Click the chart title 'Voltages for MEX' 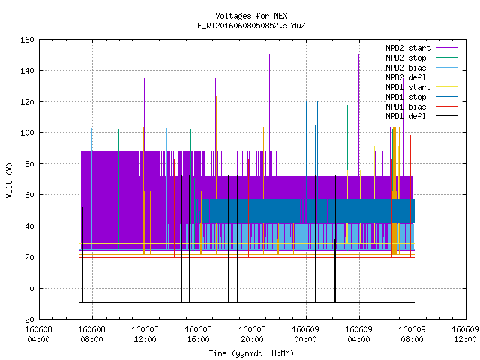[251, 16]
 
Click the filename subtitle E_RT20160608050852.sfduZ [251, 25]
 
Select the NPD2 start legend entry [421, 48]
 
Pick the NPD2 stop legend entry [421, 58]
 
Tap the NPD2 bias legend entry [421, 67]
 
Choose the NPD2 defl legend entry [421, 77]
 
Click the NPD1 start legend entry [421, 87]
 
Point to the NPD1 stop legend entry [421, 97]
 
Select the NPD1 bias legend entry [421, 106]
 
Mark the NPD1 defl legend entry [421, 116]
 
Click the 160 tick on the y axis [27, 40]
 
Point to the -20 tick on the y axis [27, 319]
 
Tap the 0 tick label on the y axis [31, 289]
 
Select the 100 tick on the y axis [27, 133]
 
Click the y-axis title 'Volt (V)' [10, 180]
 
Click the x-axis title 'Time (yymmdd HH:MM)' [251, 353]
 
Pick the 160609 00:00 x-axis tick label [305, 334]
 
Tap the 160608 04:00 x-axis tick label [38, 334]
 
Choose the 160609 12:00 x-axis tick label [465, 334]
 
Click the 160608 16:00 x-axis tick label [198, 334]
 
